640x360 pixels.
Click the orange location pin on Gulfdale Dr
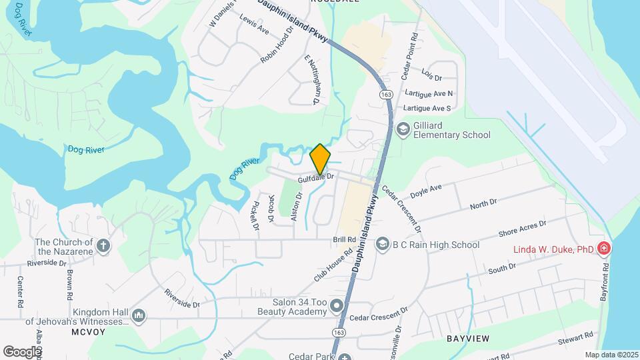click(x=320, y=158)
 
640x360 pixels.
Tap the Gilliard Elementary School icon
click(x=403, y=129)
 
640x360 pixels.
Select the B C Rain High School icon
click(x=382, y=245)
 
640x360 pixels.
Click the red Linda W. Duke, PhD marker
click(x=603, y=249)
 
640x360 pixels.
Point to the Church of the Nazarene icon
click(x=103, y=246)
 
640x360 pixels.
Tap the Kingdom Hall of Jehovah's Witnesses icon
click(x=139, y=315)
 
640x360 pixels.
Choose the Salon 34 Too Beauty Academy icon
click(x=337, y=307)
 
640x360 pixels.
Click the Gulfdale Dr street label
click(x=315, y=177)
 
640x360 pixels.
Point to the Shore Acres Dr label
click(x=522, y=229)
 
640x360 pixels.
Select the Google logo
click(x=21, y=351)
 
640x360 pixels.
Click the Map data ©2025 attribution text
click(x=611, y=355)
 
